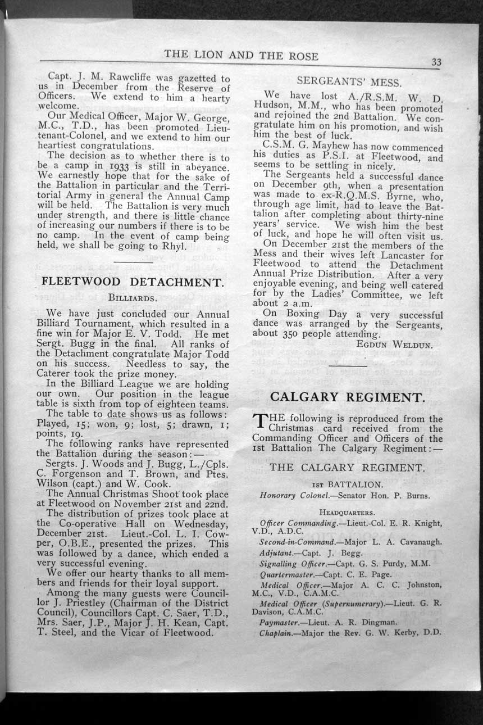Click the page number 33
coord(436,62)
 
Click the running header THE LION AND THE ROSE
coord(241,56)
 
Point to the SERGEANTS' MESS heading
coord(349,81)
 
